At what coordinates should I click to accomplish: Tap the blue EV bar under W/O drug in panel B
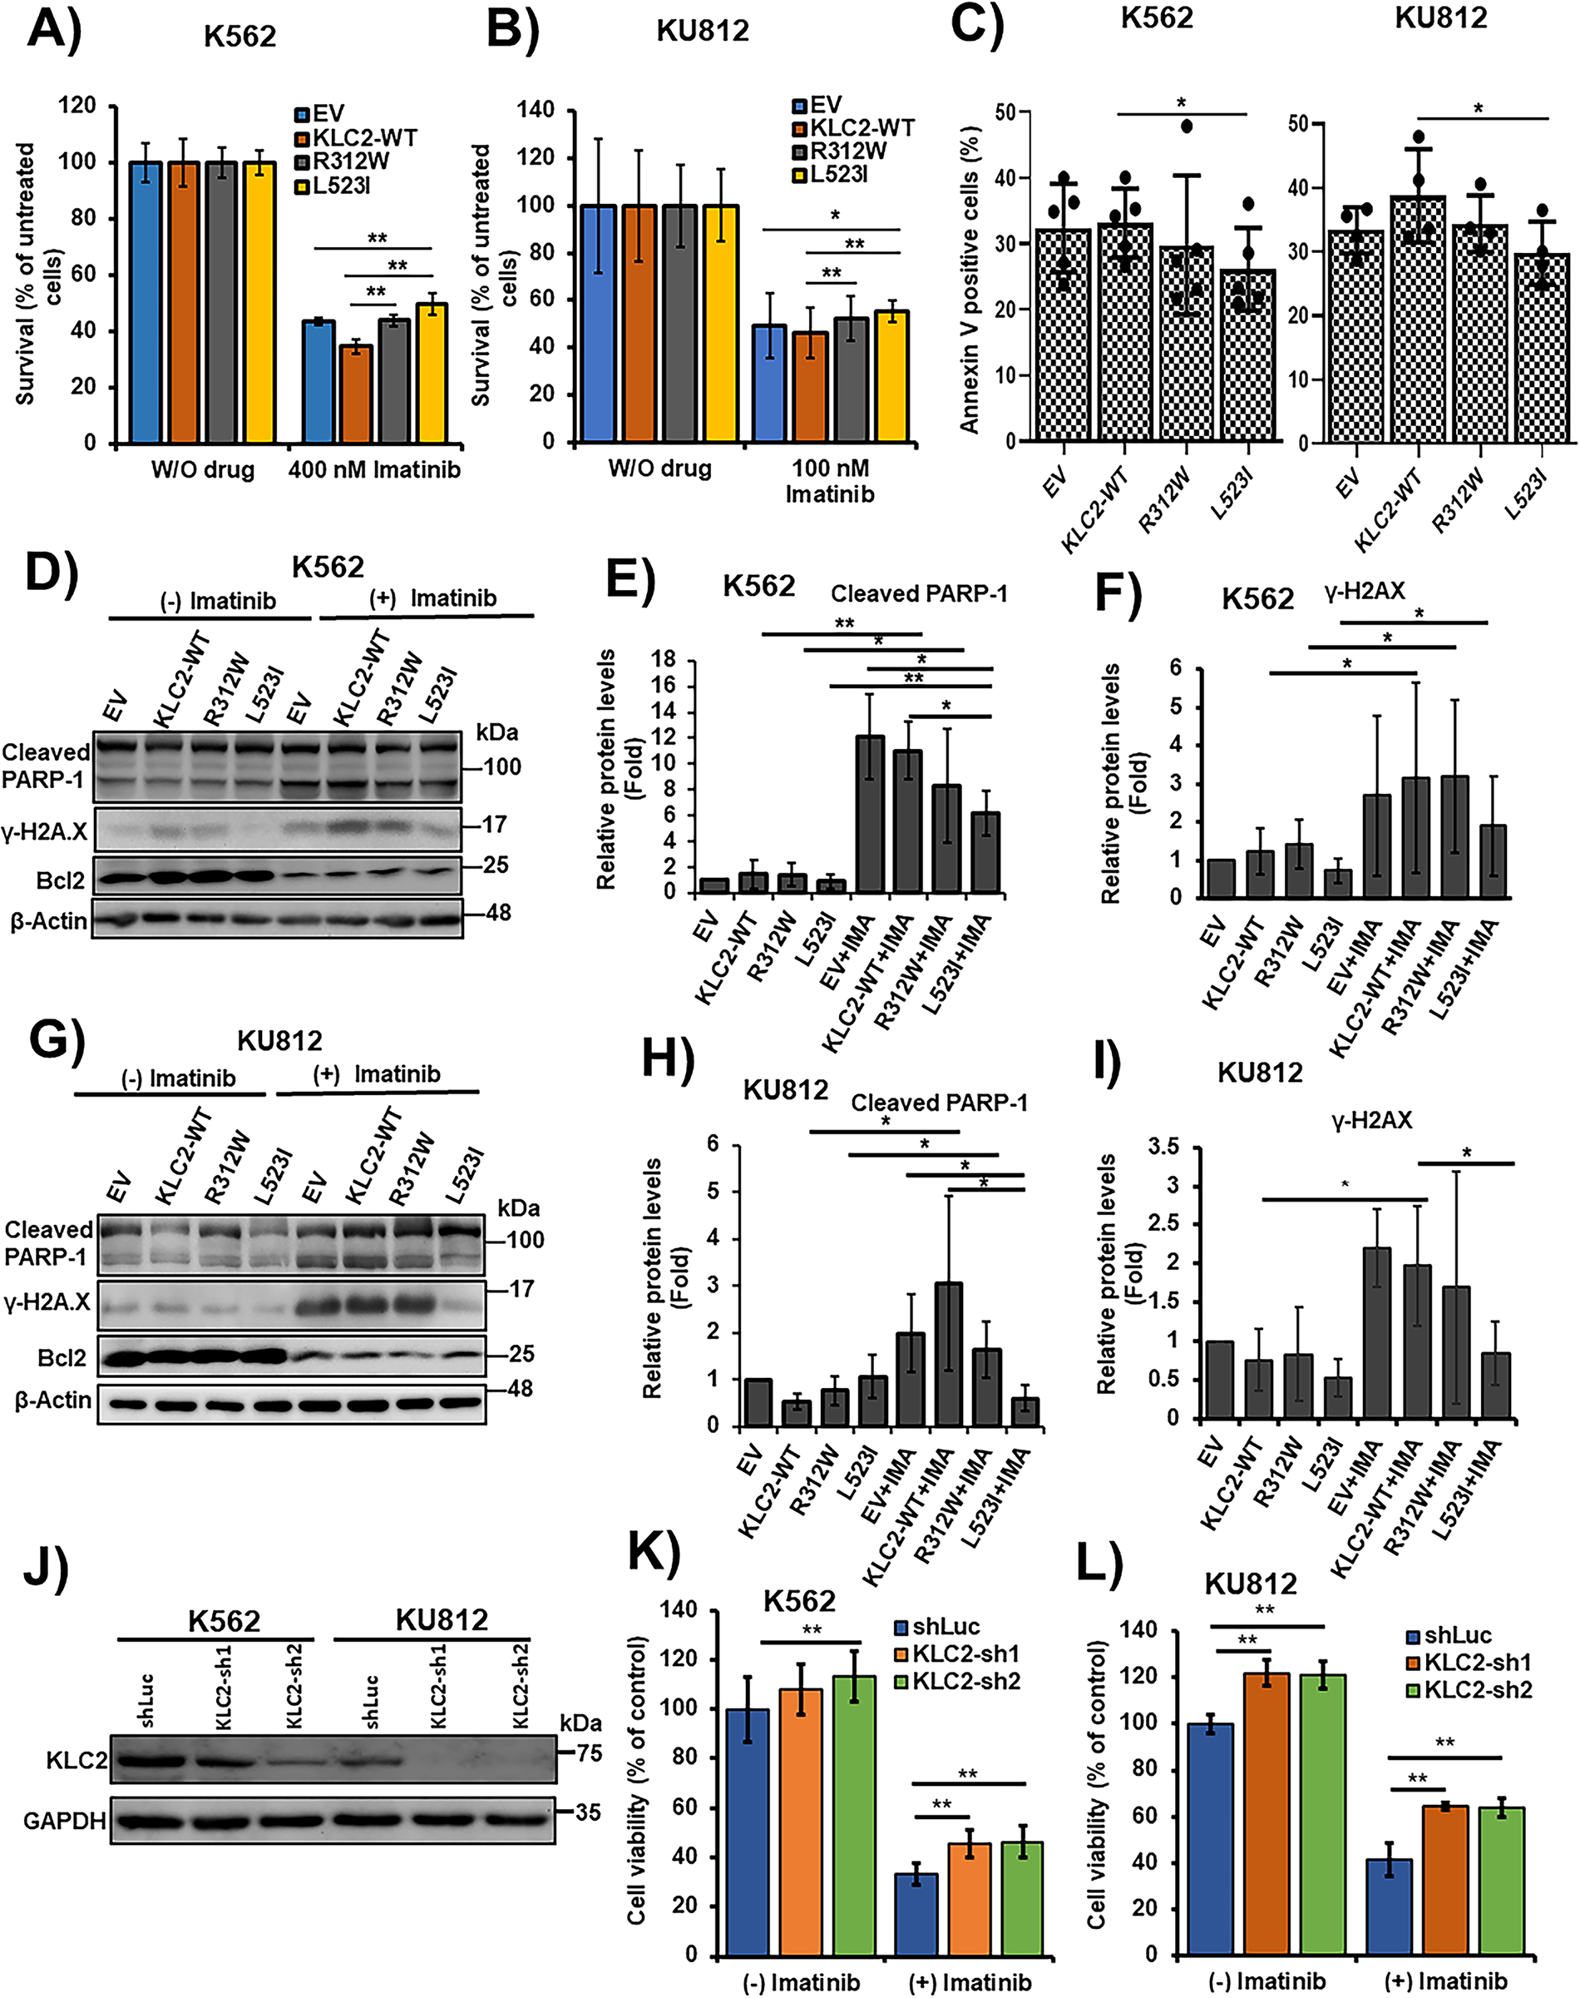click(x=599, y=324)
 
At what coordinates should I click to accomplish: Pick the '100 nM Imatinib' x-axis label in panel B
click(x=830, y=481)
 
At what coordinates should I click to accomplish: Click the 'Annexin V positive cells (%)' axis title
click(x=969, y=278)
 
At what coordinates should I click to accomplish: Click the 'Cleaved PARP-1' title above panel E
click(x=919, y=593)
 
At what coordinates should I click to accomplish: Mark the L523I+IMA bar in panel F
click(x=1493, y=860)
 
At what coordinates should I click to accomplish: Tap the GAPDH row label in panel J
click(x=64, y=1822)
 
